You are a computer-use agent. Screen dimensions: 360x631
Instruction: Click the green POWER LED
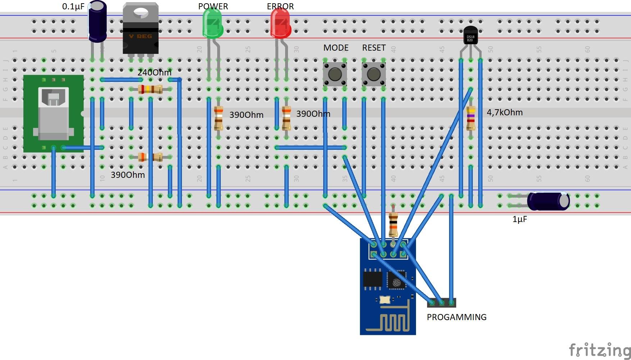[x=212, y=24]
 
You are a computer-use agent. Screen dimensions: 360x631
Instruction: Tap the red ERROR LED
[x=280, y=24]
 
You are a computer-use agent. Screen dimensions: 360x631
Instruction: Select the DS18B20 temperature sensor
[x=470, y=36]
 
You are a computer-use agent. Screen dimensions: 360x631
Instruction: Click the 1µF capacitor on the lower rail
[x=548, y=201]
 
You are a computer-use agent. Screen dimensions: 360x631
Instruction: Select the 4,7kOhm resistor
[x=471, y=118]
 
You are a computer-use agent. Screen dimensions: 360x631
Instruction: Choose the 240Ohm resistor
[x=150, y=89]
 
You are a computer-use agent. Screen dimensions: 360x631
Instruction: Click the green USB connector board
[x=53, y=114]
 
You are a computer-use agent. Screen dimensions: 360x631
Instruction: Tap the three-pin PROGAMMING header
[x=442, y=303]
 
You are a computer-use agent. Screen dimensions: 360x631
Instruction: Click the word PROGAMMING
[x=457, y=317]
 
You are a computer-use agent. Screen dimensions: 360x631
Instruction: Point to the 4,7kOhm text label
[x=504, y=112]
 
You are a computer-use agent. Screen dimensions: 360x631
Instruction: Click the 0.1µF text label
[x=73, y=6]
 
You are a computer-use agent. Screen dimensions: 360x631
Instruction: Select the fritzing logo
[x=599, y=350]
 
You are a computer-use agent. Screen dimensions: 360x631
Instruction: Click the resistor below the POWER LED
[x=218, y=118]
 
